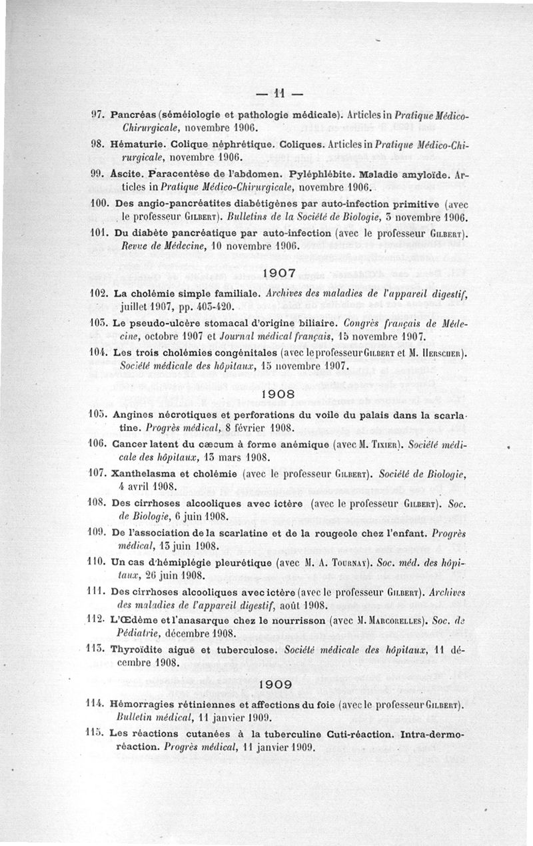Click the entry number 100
[x=99, y=204]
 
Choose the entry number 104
[x=99, y=353]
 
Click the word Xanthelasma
[x=145, y=474]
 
